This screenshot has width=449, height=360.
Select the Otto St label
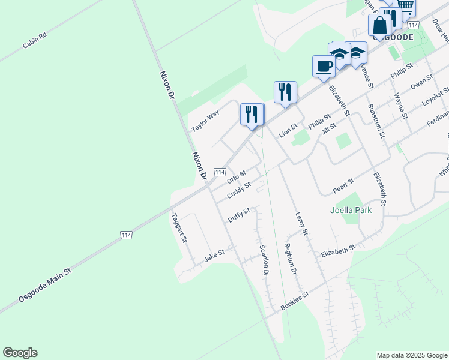pyautogui.click(x=237, y=178)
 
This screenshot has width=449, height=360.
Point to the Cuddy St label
pyautogui.click(x=238, y=191)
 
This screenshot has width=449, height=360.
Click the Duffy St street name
pyautogui.click(x=238, y=215)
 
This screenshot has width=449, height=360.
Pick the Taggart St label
pyautogui.click(x=179, y=228)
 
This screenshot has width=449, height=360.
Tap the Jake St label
pyautogui.click(x=214, y=256)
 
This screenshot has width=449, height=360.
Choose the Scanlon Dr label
pyautogui.click(x=263, y=261)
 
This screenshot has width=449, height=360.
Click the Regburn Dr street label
pyautogui.click(x=290, y=259)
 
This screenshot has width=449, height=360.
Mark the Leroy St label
pyautogui.click(x=301, y=223)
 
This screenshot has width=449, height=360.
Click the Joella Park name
pyautogui.click(x=351, y=210)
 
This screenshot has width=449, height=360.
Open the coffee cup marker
pyautogui.click(x=324, y=66)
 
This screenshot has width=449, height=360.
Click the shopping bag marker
pyautogui.click(x=380, y=26)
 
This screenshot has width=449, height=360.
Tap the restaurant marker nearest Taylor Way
pyautogui.click(x=252, y=113)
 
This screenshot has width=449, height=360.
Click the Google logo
pyautogui.click(x=20, y=353)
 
